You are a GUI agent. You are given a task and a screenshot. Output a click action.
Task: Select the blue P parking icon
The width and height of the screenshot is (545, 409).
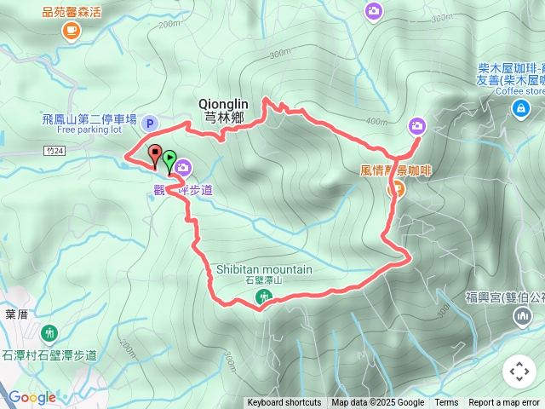[150, 124]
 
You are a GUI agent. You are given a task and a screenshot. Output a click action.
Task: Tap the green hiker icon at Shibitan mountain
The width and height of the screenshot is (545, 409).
[264, 297]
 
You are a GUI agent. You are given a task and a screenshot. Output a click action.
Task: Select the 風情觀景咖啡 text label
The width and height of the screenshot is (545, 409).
[396, 170]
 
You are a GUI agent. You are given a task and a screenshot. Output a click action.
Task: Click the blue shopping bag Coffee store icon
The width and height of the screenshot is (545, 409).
[519, 108]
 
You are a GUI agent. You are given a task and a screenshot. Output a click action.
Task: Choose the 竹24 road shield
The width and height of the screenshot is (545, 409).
[54, 150]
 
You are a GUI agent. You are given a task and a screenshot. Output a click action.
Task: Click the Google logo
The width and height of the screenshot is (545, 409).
[32, 397]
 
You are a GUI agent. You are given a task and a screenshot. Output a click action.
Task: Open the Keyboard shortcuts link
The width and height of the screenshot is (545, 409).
[284, 403]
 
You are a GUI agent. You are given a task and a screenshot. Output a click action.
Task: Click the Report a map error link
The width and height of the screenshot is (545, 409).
[504, 403]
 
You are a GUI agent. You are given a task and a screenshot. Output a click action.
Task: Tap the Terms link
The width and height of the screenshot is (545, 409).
[446, 403]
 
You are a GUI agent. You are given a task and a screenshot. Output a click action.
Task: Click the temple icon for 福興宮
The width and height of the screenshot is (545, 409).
[521, 317]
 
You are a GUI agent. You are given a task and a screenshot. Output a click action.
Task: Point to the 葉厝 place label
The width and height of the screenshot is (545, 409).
[17, 314]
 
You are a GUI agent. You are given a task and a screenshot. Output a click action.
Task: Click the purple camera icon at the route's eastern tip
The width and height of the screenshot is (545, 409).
[416, 125]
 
